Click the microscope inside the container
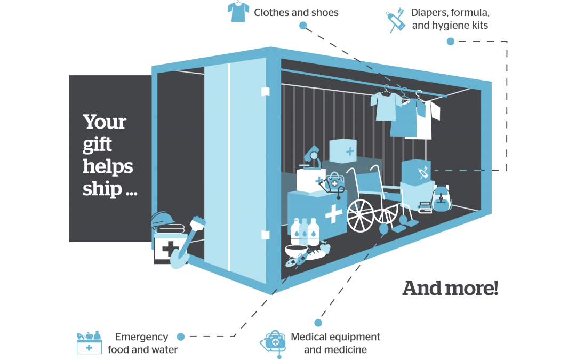point(311,159)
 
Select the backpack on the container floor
point(441,199)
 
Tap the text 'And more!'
point(450,289)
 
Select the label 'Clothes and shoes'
point(296,12)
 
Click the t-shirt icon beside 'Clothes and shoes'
point(238,12)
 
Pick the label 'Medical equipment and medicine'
point(335,343)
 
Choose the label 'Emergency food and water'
point(142,343)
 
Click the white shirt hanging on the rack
point(429,118)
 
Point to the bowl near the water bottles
point(295,251)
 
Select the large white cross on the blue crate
point(334,214)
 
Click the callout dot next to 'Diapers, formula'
point(451,42)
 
